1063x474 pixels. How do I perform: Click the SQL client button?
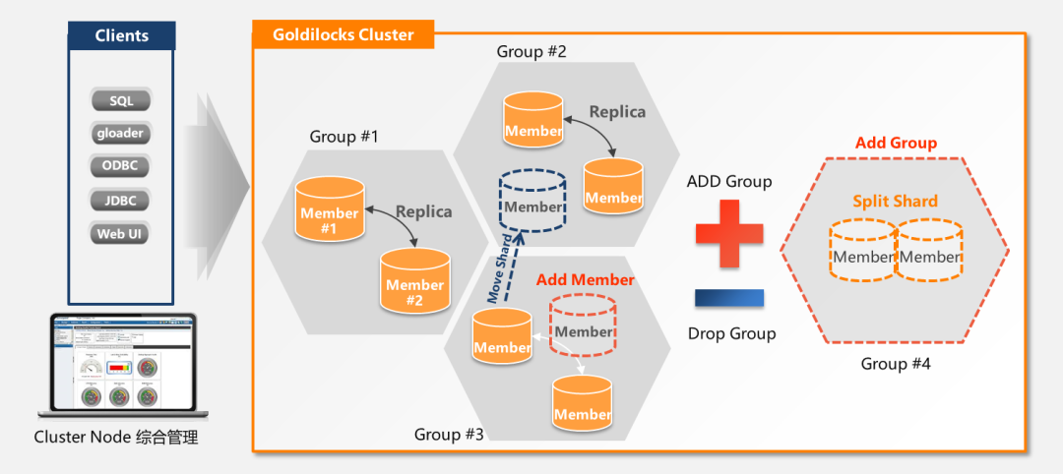click(x=121, y=100)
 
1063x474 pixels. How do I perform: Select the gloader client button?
click(x=121, y=134)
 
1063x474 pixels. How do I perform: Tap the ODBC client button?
click(x=121, y=166)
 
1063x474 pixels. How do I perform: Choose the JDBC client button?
click(x=121, y=201)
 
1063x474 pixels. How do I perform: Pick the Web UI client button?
click(x=121, y=234)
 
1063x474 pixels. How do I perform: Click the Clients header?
click(x=122, y=35)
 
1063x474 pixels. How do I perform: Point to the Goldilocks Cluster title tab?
click(x=343, y=35)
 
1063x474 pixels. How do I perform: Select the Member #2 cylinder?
click(x=414, y=283)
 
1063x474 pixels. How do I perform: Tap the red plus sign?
click(x=729, y=232)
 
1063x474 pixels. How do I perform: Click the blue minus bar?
click(x=729, y=298)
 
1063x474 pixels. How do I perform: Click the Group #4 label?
click(x=896, y=364)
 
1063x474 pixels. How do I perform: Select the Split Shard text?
click(x=895, y=202)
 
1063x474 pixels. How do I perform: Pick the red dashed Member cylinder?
click(x=583, y=326)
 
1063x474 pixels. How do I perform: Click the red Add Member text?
click(x=585, y=280)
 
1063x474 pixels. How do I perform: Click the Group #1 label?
click(x=344, y=137)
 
